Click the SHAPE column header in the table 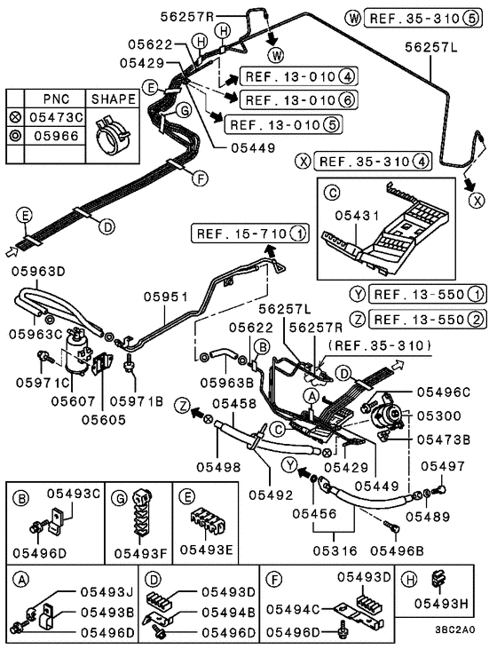pos(114,99)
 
